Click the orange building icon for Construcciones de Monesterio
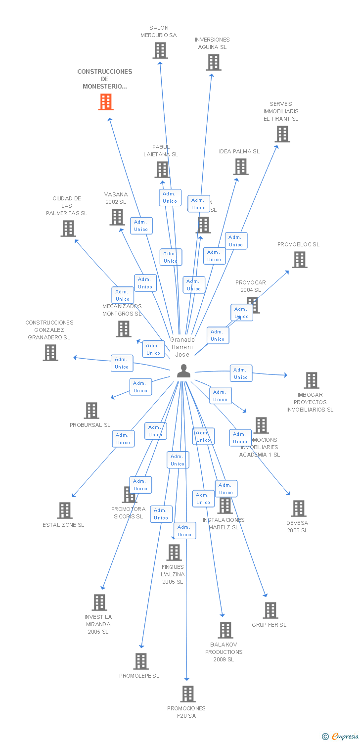[x=106, y=101]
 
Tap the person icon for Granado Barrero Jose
[x=183, y=371]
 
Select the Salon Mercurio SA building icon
[x=160, y=50]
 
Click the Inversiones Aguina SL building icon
[x=214, y=62]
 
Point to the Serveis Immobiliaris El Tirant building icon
[x=282, y=134]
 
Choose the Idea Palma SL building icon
[x=241, y=167]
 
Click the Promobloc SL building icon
[x=299, y=260]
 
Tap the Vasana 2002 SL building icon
[x=117, y=217]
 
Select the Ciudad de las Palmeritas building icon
[x=68, y=229]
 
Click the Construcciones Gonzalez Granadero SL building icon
[x=50, y=353]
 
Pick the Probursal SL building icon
[x=91, y=411]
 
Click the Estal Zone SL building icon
[x=65, y=510]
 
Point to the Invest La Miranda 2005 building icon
[x=100, y=603]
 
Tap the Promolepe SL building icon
[x=141, y=661]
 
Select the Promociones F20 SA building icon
[x=188, y=694]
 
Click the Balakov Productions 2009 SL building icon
[x=225, y=630]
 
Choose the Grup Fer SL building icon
[x=270, y=610]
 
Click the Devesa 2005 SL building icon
[x=298, y=509]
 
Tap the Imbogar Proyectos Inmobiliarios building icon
[x=312, y=380]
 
